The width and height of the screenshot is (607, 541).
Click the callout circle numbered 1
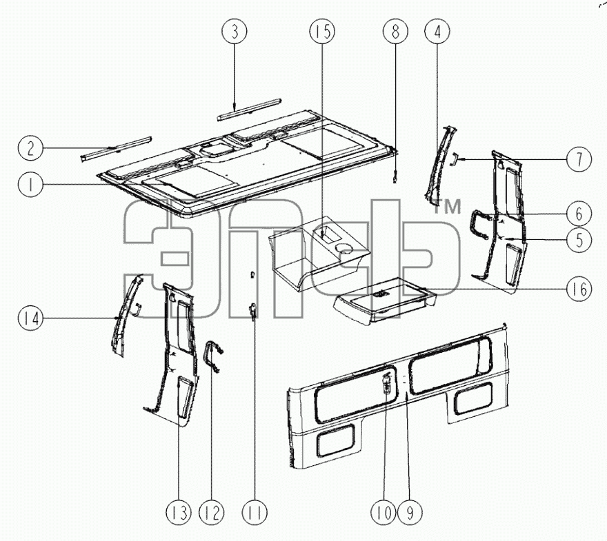[30, 184]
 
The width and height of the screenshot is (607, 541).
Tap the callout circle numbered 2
[30, 148]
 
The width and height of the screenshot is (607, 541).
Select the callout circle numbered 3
[235, 31]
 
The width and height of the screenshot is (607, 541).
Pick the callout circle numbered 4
[437, 31]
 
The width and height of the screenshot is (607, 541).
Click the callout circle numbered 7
[579, 159]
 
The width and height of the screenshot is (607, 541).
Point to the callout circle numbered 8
[395, 31]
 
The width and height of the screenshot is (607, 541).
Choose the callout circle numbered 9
[410, 513]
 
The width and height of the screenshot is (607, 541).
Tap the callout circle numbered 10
[384, 513]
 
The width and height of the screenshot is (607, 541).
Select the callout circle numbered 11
[255, 513]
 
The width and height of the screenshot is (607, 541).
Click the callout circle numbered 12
[212, 513]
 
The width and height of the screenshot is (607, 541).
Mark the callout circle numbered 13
[179, 513]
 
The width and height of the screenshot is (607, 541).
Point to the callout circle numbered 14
[30, 318]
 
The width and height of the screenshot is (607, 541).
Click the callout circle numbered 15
[323, 31]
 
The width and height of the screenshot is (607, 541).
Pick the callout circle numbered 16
[579, 289]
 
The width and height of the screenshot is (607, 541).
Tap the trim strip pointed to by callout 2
[116, 150]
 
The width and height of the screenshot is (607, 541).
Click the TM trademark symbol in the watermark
[447, 207]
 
